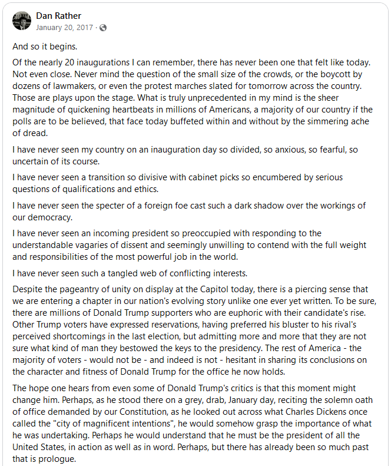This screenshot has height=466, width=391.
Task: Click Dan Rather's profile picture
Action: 21,21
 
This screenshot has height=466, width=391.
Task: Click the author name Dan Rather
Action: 58,15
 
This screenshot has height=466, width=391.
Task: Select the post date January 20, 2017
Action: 64,27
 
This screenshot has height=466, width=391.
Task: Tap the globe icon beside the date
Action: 104,27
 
